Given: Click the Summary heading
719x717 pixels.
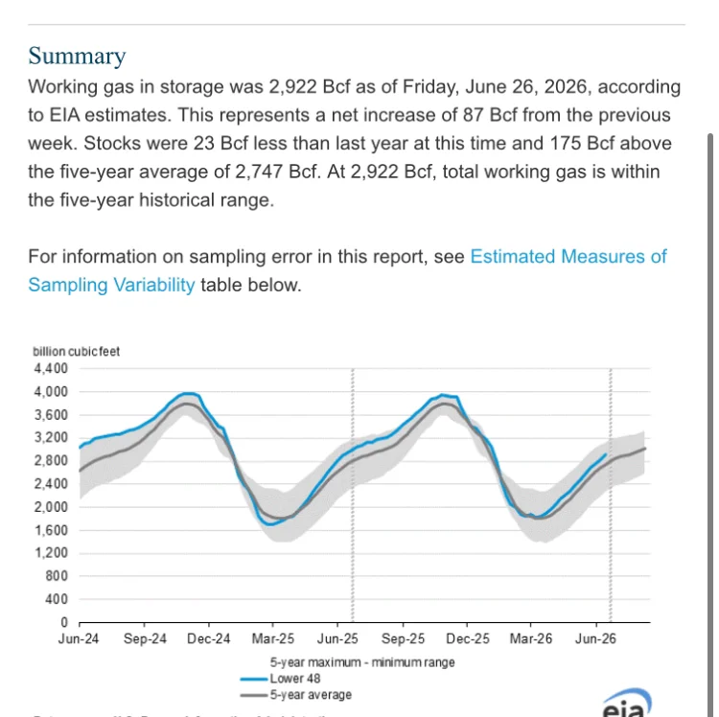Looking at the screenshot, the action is coord(77,56).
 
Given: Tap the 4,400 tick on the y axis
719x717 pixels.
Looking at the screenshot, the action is coord(51,369).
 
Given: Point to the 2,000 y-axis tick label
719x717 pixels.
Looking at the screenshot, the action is coord(51,507).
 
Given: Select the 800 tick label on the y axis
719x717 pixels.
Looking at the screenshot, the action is coord(57,576).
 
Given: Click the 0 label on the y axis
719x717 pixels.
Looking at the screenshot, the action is coord(64,622).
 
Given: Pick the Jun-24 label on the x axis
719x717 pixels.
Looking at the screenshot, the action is coord(79,639).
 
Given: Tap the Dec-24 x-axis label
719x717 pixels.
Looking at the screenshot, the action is coord(209,639).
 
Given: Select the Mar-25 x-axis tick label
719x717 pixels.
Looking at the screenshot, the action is coord(273,639).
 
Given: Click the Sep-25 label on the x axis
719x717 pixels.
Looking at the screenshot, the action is coord(403,639).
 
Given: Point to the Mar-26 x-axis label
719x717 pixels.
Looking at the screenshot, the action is coord(531,639).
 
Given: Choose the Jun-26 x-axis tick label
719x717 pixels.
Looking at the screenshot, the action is coord(595,639).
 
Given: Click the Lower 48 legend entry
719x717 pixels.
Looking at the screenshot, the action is coord(280,679).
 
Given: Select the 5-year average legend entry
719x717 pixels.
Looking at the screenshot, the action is coord(296,695).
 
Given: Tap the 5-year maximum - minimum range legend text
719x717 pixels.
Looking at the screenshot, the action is coord(362,662).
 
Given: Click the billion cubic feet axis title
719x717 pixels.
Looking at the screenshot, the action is coord(76,352).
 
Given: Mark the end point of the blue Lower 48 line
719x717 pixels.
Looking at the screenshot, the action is coord(606,454).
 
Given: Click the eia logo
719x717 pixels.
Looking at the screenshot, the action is coord(627,704).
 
